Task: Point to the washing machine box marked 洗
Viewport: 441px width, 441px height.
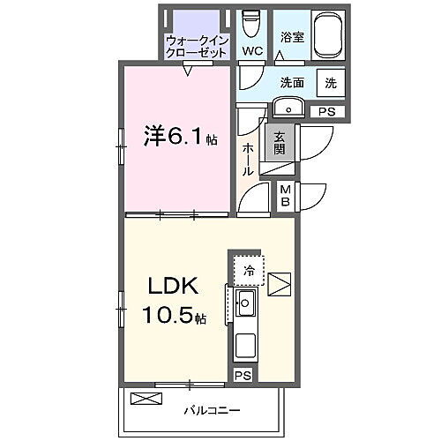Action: click(330, 83)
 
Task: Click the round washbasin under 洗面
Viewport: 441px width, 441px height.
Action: click(288, 108)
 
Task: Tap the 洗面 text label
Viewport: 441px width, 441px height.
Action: click(293, 83)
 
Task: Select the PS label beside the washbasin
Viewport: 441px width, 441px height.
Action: click(327, 112)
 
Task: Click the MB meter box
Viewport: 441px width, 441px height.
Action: click(287, 195)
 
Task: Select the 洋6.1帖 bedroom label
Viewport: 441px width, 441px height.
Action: click(180, 137)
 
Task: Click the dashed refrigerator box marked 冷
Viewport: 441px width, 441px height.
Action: click(249, 270)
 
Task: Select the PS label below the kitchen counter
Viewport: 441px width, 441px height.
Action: click(243, 375)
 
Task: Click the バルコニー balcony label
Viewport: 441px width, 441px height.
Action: click(212, 410)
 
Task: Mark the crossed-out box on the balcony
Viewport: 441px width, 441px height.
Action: click(146, 399)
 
